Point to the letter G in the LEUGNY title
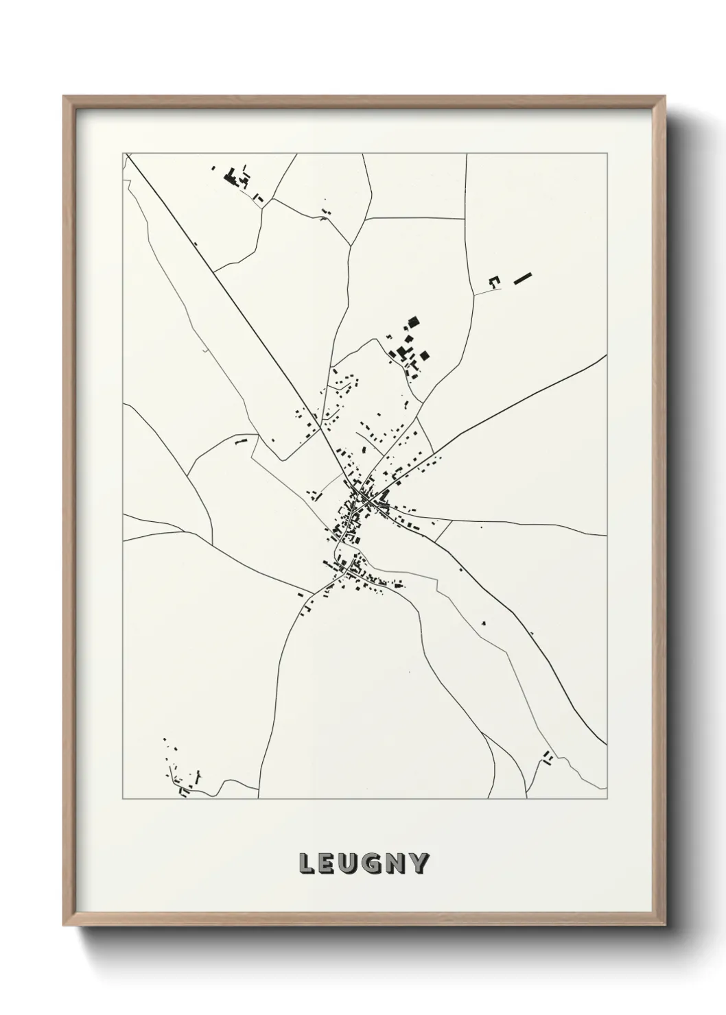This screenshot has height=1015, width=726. click(x=375, y=863)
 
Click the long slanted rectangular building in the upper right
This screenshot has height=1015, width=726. click(x=523, y=278)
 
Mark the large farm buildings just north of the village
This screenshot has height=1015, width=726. click(x=410, y=346)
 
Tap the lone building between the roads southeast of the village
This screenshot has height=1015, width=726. click(x=484, y=623)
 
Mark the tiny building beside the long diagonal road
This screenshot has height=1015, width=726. click(x=196, y=243)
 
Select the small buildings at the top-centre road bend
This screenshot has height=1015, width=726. click(x=324, y=214)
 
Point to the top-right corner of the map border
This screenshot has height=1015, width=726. click(x=607, y=154)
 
